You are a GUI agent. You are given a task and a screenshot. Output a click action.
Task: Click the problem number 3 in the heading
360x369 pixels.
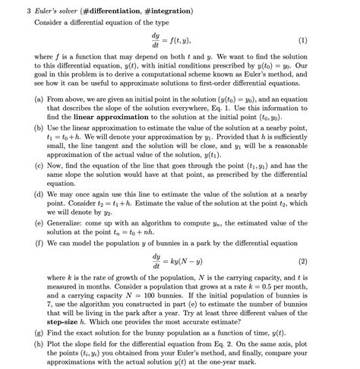click(27, 11)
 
